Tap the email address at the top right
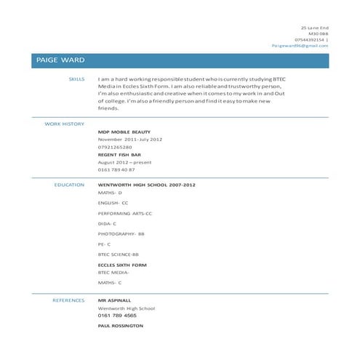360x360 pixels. pyautogui.click(x=300, y=45)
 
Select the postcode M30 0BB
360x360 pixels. pyautogui.click(x=319, y=33)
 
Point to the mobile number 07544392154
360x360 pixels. pyautogui.click(x=310, y=39)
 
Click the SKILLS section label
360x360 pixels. pyautogui.click(x=76, y=78)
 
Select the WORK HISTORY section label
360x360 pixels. pyautogui.click(x=65, y=124)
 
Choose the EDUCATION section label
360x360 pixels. pyautogui.click(x=70, y=185)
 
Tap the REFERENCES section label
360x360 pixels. pyautogui.click(x=68, y=300)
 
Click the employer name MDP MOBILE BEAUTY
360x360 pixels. pyautogui.click(x=124, y=132)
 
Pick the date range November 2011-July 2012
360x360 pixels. pyautogui.click(x=130, y=139)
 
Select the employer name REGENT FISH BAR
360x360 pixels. pyautogui.click(x=119, y=155)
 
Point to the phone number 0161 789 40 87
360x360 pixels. pyautogui.click(x=116, y=169)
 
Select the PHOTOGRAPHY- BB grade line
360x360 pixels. pyautogui.click(x=121, y=234)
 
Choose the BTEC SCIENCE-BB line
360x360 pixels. pyautogui.click(x=119, y=255)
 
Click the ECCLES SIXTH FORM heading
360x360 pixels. pyautogui.click(x=122, y=265)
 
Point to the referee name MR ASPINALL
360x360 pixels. pyautogui.click(x=115, y=300)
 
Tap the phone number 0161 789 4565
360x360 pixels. pyautogui.click(x=117, y=316)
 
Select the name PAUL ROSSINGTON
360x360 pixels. pyautogui.click(x=121, y=326)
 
